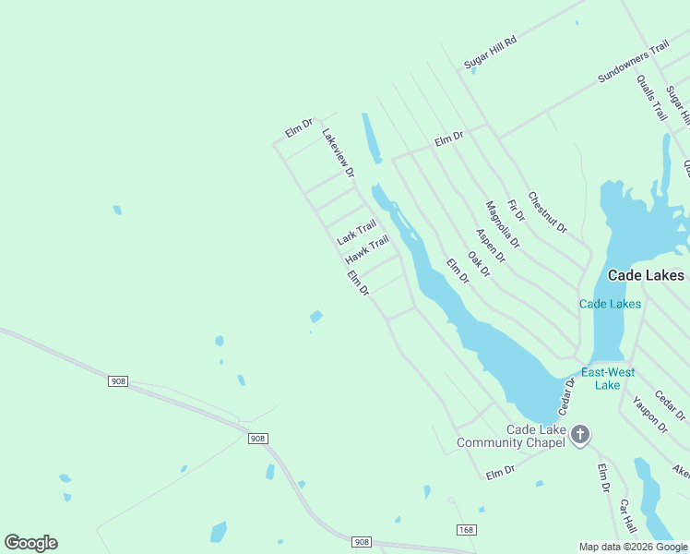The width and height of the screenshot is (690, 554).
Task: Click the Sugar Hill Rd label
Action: [491, 52]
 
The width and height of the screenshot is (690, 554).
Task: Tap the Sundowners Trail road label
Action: [633, 63]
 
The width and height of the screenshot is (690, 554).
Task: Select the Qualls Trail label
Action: [651, 98]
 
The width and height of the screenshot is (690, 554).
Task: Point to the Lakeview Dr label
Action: [339, 152]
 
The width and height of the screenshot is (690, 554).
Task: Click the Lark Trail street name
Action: [357, 232]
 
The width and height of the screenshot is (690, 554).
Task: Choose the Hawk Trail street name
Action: [367, 247]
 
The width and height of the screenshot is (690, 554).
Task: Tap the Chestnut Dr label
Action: [547, 212]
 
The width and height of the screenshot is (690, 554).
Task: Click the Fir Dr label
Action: [515, 210]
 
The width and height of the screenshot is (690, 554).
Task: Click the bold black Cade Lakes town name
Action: [646, 275]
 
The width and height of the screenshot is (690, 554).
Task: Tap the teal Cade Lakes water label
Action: [610, 304]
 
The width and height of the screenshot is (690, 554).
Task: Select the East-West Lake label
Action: [607, 379]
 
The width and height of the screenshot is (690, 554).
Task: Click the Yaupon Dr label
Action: [649, 415]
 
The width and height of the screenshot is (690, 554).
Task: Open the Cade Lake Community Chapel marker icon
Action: [580, 435]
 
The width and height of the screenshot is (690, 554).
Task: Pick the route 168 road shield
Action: [466, 529]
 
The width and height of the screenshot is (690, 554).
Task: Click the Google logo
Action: [31, 543]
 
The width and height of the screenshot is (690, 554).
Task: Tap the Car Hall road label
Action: [628, 516]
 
